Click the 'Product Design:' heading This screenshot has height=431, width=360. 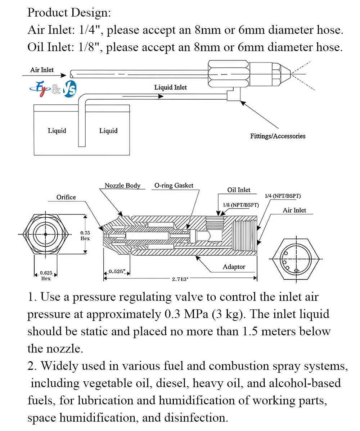(x=69, y=13)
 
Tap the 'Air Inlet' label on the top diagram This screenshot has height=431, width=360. (x=42, y=70)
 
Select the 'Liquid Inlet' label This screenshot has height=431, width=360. (x=170, y=87)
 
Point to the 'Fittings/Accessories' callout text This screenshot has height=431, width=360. (x=278, y=136)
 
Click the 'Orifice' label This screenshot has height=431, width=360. (x=66, y=197)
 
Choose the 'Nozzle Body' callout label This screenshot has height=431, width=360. (x=122, y=186)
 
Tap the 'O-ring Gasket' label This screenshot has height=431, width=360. (x=174, y=186)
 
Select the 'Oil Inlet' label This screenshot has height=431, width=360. (x=239, y=190)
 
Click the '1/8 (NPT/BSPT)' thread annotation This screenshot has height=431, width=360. (x=241, y=205)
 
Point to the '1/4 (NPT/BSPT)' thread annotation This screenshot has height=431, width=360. (x=283, y=196)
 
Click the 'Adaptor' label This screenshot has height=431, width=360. (x=234, y=267)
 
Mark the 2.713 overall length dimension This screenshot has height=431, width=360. (x=180, y=279)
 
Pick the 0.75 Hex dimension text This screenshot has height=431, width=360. (x=85, y=236)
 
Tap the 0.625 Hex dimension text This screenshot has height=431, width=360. (x=46, y=276)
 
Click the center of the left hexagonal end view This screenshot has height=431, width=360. (x=45, y=234)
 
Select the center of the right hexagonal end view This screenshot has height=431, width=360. (x=296, y=259)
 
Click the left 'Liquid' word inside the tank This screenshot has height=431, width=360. (x=57, y=131)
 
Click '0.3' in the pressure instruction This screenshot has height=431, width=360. (x=172, y=314)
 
